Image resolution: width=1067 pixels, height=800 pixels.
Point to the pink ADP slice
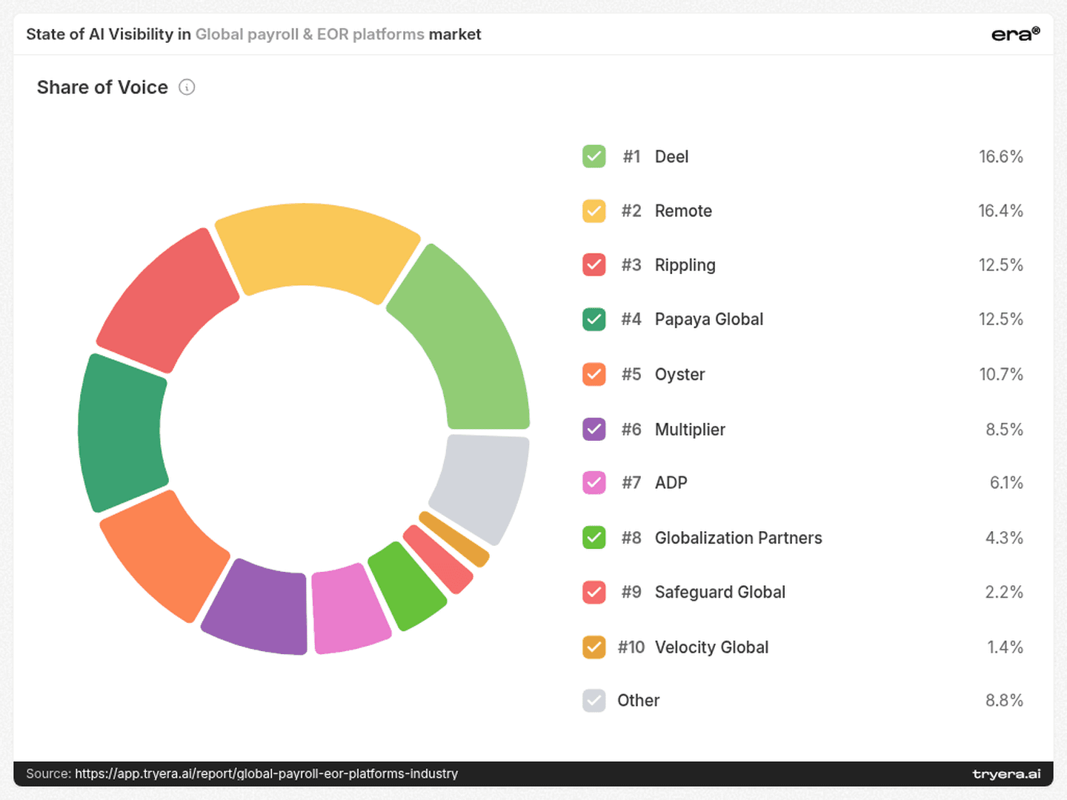coord(349,610)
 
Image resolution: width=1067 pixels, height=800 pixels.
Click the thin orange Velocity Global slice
coord(453,539)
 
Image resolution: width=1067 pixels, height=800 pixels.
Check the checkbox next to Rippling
coord(594,264)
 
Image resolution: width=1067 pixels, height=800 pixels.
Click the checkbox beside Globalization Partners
coord(594,538)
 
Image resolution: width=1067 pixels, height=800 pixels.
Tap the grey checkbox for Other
coord(594,701)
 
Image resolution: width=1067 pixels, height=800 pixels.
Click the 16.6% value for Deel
coord(1001,156)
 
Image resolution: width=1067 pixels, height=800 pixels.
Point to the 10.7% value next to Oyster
coord(1001,374)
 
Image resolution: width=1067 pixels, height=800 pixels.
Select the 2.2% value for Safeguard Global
coord(1004,592)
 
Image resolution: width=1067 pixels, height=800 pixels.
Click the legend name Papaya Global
coord(709,319)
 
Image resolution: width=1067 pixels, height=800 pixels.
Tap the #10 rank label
coord(631,647)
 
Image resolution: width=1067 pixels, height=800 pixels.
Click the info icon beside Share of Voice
coord(187,87)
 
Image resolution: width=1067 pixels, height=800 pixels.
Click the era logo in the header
coord(1015,34)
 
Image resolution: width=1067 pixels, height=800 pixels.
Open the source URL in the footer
coord(267,774)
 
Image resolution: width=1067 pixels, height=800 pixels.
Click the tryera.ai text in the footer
coord(1007,774)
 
